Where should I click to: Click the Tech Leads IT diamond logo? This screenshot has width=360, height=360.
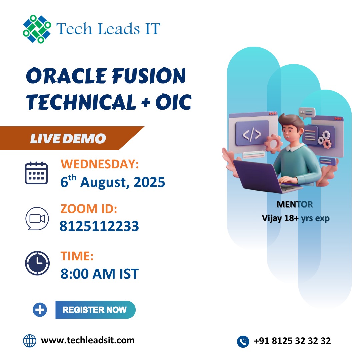point(37,29)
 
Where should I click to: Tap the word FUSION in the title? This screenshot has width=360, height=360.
point(149,76)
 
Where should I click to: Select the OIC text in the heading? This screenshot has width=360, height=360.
point(173,102)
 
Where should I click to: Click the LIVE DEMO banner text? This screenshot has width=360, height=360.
point(68,138)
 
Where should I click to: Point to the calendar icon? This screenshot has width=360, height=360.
point(36,173)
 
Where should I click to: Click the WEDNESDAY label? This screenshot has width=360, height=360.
point(100,164)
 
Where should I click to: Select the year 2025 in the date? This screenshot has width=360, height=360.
point(149,182)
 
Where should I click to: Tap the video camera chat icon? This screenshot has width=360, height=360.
point(37,219)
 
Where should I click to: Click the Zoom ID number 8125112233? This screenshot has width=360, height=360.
point(99,226)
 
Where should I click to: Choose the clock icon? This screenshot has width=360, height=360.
point(37,263)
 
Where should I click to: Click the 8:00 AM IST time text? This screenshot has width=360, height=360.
point(100,274)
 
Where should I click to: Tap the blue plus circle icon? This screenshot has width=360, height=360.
point(40,310)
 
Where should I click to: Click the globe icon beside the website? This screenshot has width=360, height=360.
point(30,341)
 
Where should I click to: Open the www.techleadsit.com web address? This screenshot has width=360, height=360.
point(88,340)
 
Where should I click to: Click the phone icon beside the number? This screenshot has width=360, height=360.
point(243,341)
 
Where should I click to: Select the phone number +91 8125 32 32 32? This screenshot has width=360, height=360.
point(292,341)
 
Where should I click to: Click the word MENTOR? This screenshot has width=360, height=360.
point(295,204)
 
